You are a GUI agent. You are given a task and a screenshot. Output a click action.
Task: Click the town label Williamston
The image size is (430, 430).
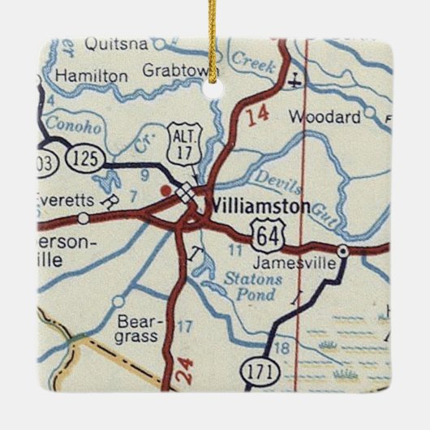258,207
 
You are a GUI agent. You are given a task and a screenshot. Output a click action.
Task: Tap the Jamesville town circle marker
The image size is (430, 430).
343,251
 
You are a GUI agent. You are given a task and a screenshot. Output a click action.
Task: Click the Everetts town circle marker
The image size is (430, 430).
84,217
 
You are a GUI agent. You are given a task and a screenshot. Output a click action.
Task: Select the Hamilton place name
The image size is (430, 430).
92,75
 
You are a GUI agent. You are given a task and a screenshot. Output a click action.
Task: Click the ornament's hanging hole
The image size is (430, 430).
213,88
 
